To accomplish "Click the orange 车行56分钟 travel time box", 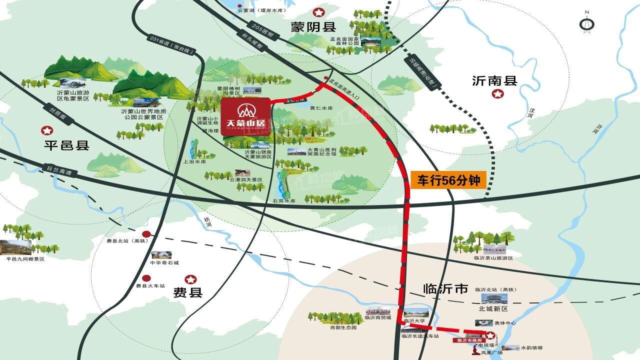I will click(x=448, y=180).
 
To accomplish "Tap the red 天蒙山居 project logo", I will click(x=245, y=115).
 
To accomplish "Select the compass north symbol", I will click(x=586, y=23).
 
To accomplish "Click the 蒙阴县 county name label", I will click(x=313, y=27).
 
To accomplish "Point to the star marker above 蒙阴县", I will click(x=317, y=12).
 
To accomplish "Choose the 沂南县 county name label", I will click(x=494, y=80).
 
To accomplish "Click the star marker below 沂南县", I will click(x=497, y=94).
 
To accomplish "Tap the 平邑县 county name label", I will click(x=66, y=145).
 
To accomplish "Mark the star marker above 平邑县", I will click(x=47, y=130).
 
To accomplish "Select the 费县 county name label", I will click(x=188, y=292).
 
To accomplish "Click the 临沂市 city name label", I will click(x=445, y=288).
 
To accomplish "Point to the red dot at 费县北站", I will click(x=146, y=234).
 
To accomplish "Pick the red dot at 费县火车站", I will click(x=146, y=278).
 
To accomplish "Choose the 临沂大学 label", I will click(x=414, y=320).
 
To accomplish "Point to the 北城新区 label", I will click(x=493, y=308).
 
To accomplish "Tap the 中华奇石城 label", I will click(x=164, y=262).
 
